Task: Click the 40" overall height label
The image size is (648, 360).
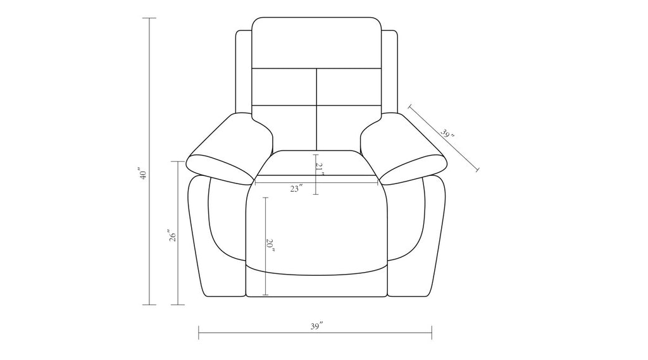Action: pyautogui.click(x=142, y=173)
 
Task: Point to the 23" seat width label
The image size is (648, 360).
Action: pyautogui.click(x=296, y=189)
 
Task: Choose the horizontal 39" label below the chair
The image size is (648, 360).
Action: pyautogui.click(x=316, y=326)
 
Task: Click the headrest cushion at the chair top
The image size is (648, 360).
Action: pyautogui.click(x=316, y=42)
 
